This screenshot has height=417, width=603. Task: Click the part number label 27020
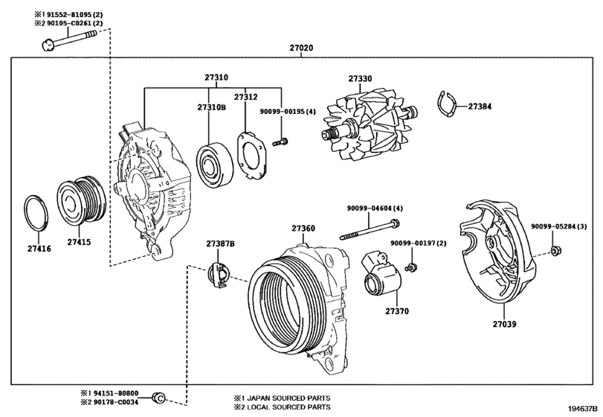point(301,48)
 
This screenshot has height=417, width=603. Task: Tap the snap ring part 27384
point(446,104)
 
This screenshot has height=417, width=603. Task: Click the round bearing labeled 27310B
point(214,165)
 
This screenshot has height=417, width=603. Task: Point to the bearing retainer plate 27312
point(252,156)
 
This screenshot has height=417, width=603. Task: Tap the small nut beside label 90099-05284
point(555,251)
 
